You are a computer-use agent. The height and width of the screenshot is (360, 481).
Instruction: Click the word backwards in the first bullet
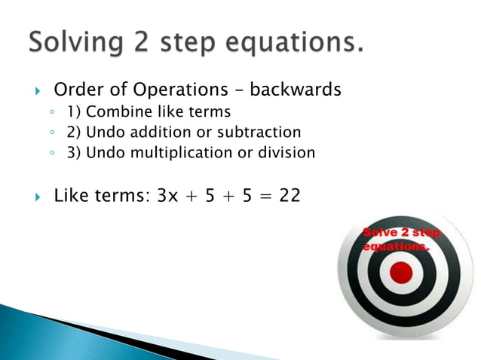[x=296, y=90]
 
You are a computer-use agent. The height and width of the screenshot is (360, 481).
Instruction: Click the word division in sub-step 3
[x=286, y=152]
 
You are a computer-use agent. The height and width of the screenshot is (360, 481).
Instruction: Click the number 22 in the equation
[x=289, y=196]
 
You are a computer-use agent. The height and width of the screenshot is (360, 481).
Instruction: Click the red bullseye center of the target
[x=401, y=272]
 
